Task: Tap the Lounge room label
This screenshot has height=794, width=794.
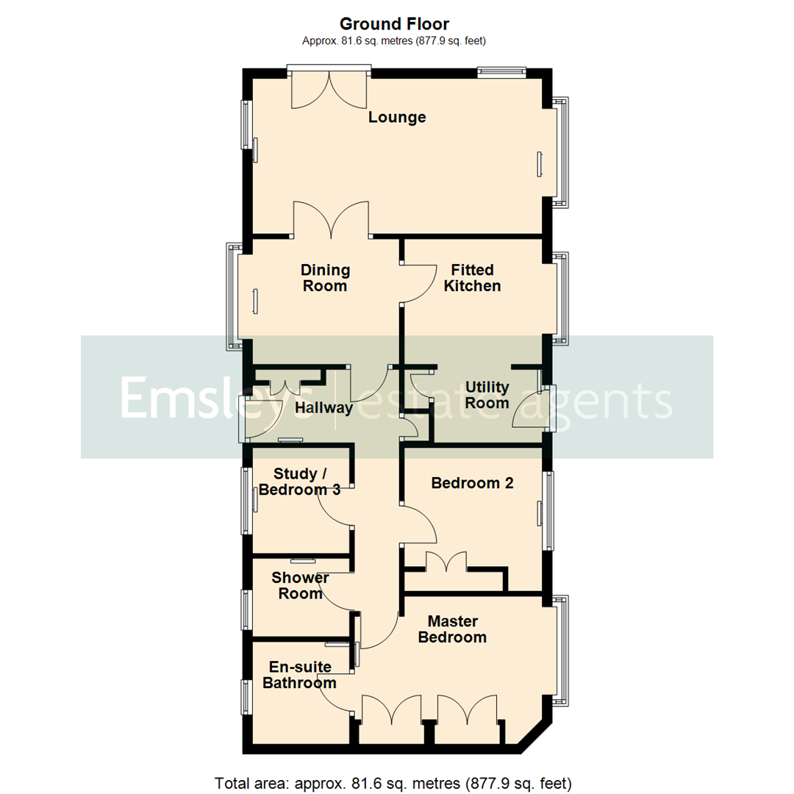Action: point(397,118)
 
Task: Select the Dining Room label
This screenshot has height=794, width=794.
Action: point(325,278)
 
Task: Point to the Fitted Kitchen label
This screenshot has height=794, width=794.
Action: point(472,278)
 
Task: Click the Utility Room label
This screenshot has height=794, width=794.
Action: point(487,395)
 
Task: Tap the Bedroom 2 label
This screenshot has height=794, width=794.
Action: point(472,483)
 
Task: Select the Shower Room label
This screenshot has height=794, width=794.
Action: point(300,585)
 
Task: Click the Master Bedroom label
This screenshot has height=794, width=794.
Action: point(452,629)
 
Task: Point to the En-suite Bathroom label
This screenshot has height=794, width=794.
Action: point(299,675)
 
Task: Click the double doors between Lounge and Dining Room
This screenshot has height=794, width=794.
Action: point(331,221)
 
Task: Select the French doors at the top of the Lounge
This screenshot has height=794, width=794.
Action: point(329,88)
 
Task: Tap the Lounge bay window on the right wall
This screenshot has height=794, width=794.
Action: point(562,151)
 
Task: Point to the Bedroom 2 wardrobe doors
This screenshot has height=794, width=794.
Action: point(446,562)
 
